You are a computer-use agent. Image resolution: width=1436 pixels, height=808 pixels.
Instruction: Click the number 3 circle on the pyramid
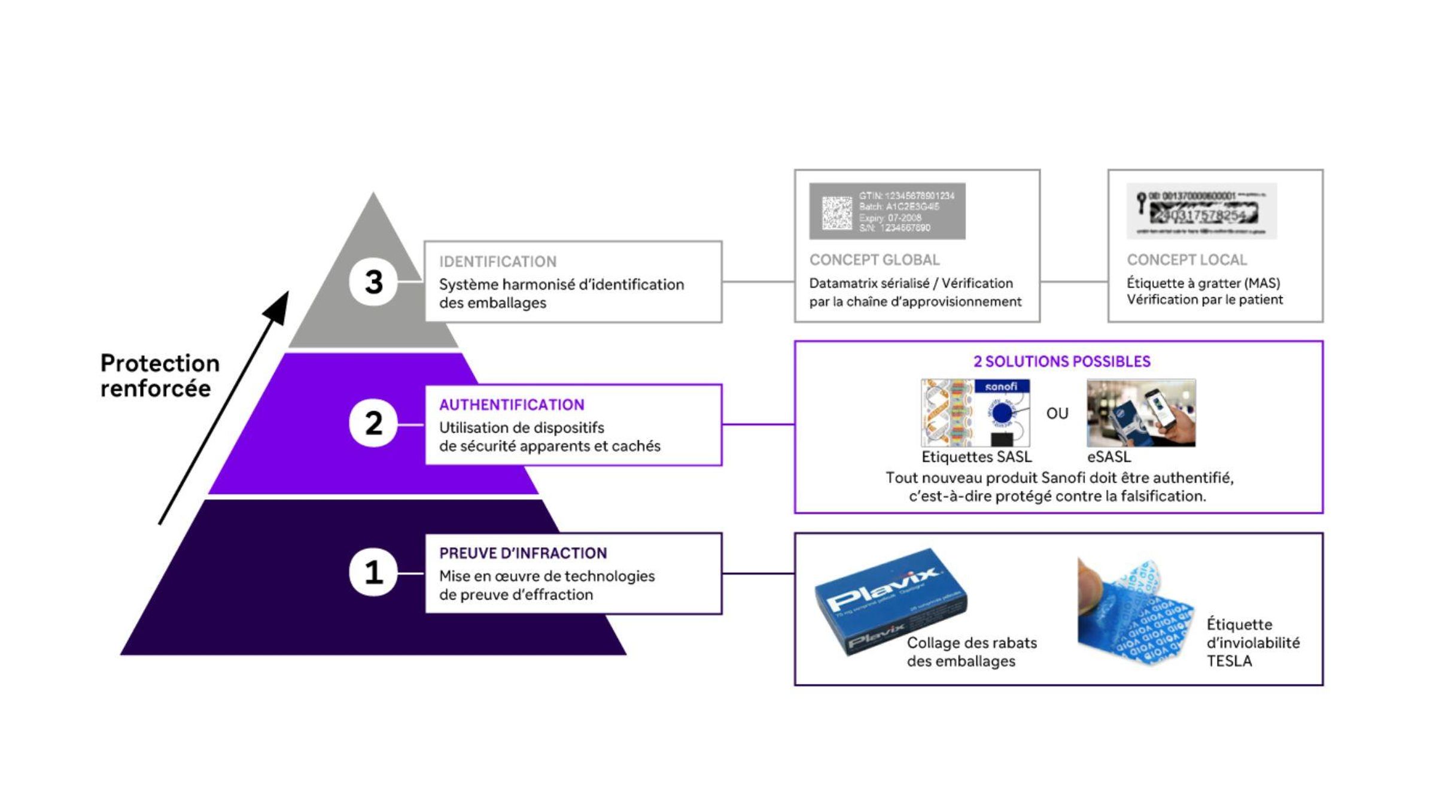click(373, 281)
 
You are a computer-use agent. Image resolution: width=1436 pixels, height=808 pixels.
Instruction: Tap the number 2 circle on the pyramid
click(373, 424)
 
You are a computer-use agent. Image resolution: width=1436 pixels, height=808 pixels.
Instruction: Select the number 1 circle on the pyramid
click(373, 572)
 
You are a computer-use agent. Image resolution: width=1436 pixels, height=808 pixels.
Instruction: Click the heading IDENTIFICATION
click(497, 262)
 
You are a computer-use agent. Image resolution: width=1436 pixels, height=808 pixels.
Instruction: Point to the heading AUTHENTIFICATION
click(512, 405)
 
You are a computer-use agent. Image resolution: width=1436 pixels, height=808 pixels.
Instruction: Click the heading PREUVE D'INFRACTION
click(523, 553)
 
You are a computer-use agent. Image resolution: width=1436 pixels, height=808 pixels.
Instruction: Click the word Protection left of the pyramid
click(160, 363)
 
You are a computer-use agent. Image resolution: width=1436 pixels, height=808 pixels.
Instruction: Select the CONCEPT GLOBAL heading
click(874, 260)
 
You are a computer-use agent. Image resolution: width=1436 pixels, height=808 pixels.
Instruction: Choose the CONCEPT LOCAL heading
click(1186, 260)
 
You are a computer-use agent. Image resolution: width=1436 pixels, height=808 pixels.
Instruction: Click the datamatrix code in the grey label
click(836, 212)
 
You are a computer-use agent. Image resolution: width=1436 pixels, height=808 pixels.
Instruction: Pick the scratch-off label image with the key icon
click(1201, 211)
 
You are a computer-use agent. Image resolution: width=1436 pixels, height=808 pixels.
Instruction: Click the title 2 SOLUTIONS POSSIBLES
click(1061, 362)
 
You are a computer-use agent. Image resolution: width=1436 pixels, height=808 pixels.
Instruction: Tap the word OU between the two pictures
click(1057, 414)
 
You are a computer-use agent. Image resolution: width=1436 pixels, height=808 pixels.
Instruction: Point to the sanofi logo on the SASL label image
click(1002, 387)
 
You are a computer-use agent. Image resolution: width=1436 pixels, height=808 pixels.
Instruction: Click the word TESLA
click(1229, 661)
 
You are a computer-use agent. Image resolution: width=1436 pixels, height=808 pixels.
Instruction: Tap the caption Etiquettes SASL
click(976, 457)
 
